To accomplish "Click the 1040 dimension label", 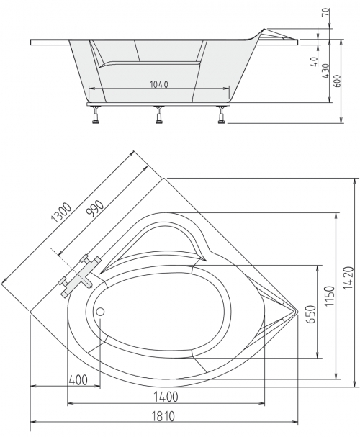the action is coord(159,84).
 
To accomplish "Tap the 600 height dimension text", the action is coord(337,81).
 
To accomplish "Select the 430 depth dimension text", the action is coord(325,71).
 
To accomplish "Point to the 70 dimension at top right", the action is coord(325,12).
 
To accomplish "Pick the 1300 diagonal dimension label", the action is coord(62,213).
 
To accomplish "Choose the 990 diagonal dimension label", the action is coord(95,209).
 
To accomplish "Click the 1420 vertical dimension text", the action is coord(348,278).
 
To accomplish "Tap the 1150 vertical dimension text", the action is coord(330,295).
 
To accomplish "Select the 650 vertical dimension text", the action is coord(311,315).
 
